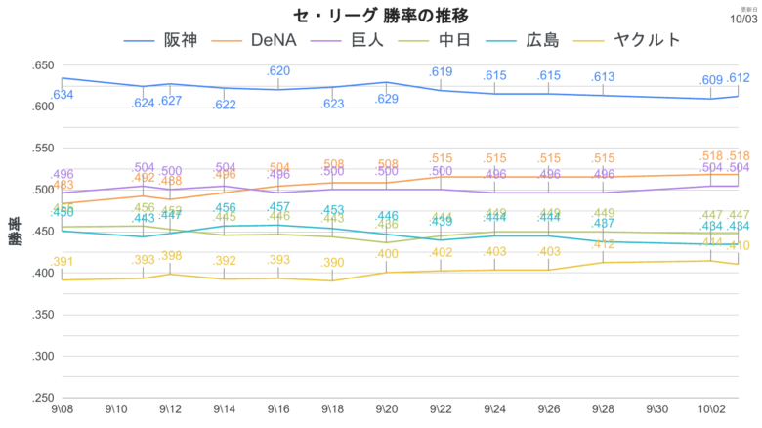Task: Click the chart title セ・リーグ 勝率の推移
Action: click(380, 16)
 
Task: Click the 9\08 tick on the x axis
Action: click(62, 411)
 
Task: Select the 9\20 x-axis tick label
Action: click(389, 411)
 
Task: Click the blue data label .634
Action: click(63, 95)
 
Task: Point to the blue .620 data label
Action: click(279, 71)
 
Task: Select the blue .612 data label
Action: click(739, 78)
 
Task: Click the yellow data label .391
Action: click(63, 262)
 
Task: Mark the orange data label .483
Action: click(63, 185)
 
